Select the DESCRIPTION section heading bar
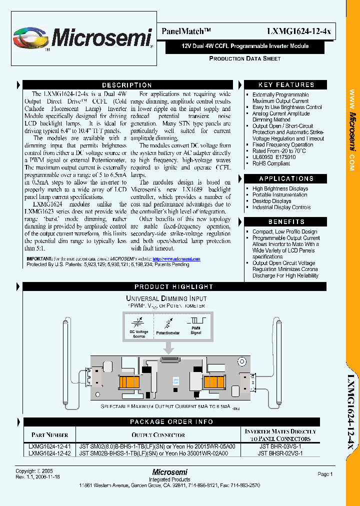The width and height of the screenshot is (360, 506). tap(127, 85)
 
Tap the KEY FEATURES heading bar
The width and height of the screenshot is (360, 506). tap(286, 85)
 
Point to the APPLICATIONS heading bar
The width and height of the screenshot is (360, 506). tap(286, 178)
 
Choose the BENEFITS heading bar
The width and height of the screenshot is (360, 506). tap(286, 221)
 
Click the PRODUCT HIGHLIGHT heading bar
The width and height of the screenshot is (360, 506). tap(173, 286)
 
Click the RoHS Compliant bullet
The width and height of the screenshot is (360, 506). tap(271, 163)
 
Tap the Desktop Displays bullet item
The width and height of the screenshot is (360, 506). tap(271, 201)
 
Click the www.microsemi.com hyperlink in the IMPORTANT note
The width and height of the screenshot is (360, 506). tap(176, 259)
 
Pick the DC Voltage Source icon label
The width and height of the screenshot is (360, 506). tap(139, 334)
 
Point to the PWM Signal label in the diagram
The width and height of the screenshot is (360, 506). tap(195, 330)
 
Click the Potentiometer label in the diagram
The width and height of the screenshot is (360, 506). tap(167, 331)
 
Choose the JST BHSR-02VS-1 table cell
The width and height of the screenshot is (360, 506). tap(280, 453)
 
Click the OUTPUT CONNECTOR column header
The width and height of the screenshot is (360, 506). tap(158, 435)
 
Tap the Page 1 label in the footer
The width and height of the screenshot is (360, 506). tap(324, 474)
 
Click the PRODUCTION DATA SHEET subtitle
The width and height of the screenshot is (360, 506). tap(244, 58)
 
